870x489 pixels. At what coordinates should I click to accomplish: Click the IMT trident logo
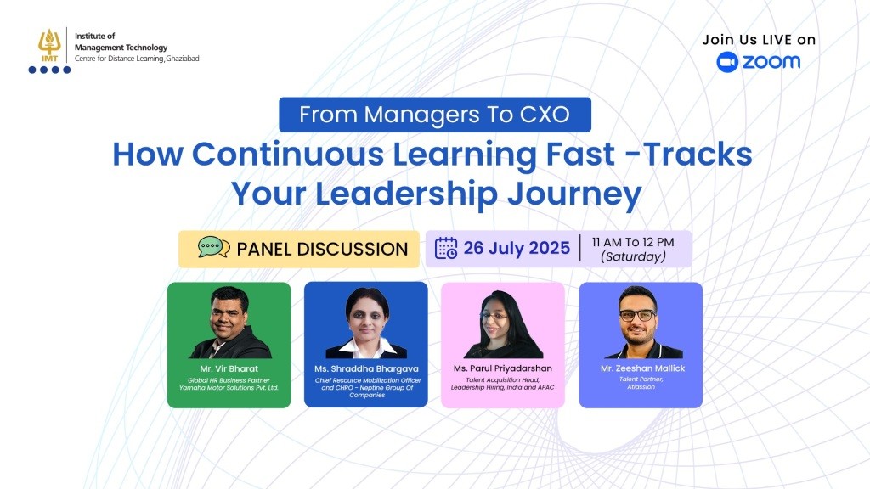tap(48, 45)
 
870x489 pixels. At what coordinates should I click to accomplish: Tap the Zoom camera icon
tap(727, 62)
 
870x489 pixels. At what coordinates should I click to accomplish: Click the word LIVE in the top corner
tap(770, 39)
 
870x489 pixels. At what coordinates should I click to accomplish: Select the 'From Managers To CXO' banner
tap(434, 115)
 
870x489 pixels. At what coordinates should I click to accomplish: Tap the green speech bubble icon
tap(213, 248)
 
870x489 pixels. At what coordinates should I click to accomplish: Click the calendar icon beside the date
tap(446, 248)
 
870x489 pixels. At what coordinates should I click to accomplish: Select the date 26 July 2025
tap(517, 249)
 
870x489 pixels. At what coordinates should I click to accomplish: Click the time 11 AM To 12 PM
tap(633, 242)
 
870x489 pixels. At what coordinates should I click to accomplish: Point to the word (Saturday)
tap(633, 256)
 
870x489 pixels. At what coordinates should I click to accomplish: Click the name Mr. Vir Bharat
tap(229, 369)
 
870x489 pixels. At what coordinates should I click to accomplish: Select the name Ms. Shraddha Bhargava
tap(365, 369)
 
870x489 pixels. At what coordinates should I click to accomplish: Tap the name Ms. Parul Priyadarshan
tap(502, 369)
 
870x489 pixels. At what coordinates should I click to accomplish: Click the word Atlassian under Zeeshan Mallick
tap(641, 386)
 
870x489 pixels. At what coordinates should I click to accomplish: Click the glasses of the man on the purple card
tap(638, 315)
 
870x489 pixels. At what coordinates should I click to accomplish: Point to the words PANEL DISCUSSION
tap(322, 249)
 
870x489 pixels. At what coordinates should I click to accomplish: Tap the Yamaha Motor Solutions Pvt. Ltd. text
tap(229, 387)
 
